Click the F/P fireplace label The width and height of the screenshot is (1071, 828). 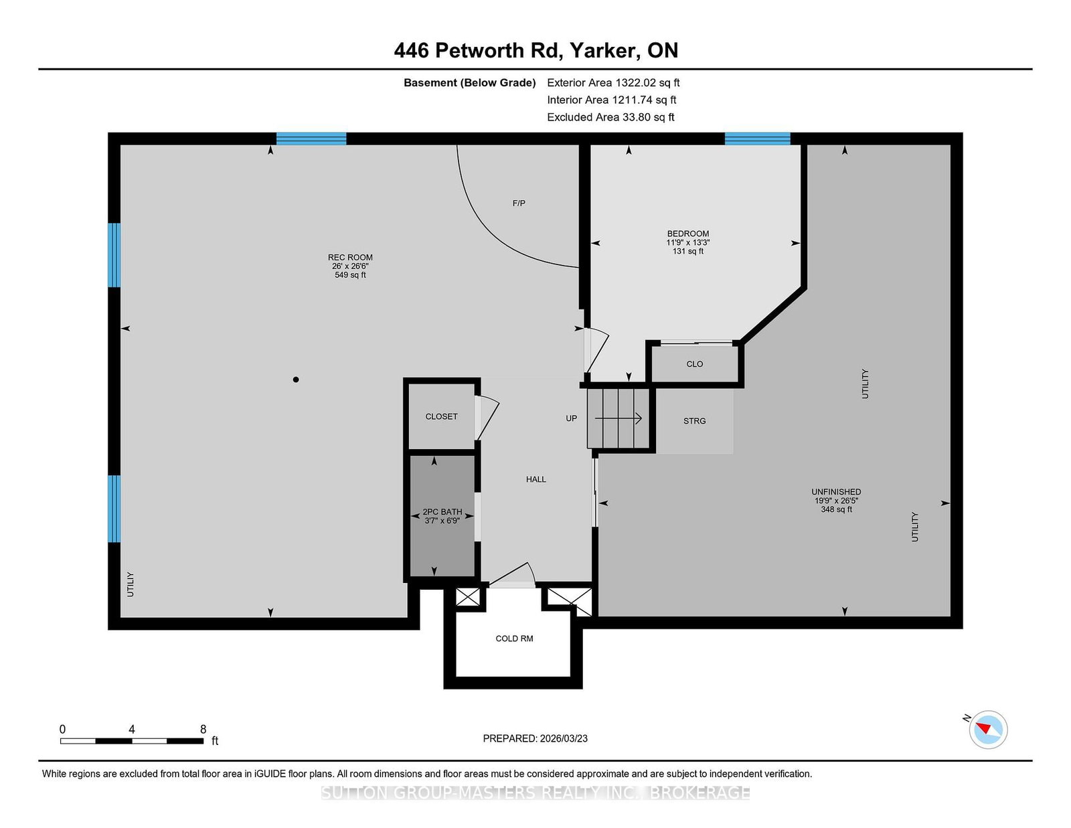(x=519, y=203)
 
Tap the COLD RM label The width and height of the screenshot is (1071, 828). (x=514, y=639)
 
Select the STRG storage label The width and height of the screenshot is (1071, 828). (x=694, y=421)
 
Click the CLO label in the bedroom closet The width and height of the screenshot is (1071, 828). (x=694, y=363)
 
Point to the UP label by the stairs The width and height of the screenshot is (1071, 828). (x=571, y=418)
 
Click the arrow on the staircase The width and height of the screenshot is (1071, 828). (x=618, y=418)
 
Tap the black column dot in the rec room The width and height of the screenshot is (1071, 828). (x=296, y=380)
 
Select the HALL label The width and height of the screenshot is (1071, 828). (x=535, y=479)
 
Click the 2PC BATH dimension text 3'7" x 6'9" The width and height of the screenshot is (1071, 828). (x=442, y=521)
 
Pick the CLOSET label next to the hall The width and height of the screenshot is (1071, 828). (x=441, y=416)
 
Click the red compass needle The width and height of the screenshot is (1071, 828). (x=983, y=728)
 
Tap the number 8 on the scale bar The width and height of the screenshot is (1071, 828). (x=203, y=729)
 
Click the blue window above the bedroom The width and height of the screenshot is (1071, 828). (x=758, y=139)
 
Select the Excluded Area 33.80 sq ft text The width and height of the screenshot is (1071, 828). (x=610, y=117)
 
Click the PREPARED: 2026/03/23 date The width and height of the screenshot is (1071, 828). (x=535, y=738)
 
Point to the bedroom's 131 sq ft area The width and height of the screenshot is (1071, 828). (x=688, y=252)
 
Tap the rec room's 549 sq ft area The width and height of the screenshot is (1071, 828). (x=350, y=275)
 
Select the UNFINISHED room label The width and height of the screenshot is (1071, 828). (x=837, y=492)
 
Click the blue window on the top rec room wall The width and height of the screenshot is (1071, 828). (x=311, y=139)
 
